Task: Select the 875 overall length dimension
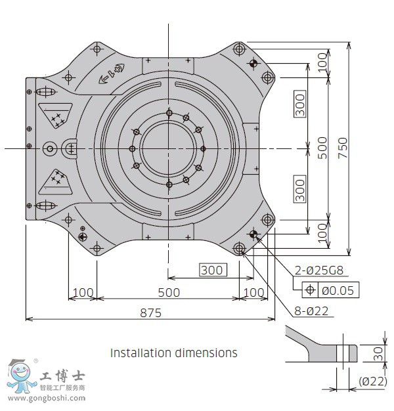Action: click(x=150, y=313)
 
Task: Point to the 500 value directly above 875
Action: click(x=169, y=292)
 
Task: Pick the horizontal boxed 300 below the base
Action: click(x=212, y=270)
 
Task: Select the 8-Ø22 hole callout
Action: click(x=311, y=312)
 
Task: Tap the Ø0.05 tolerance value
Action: click(x=338, y=290)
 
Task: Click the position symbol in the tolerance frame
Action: click(x=309, y=290)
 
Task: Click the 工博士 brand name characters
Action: click(x=62, y=378)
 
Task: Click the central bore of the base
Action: click(x=169, y=148)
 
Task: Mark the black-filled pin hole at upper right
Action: click(x=253, y=64)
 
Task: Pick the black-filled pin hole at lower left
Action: click(x=83, y=236)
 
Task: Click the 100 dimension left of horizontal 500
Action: click(x=83, y=292)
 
